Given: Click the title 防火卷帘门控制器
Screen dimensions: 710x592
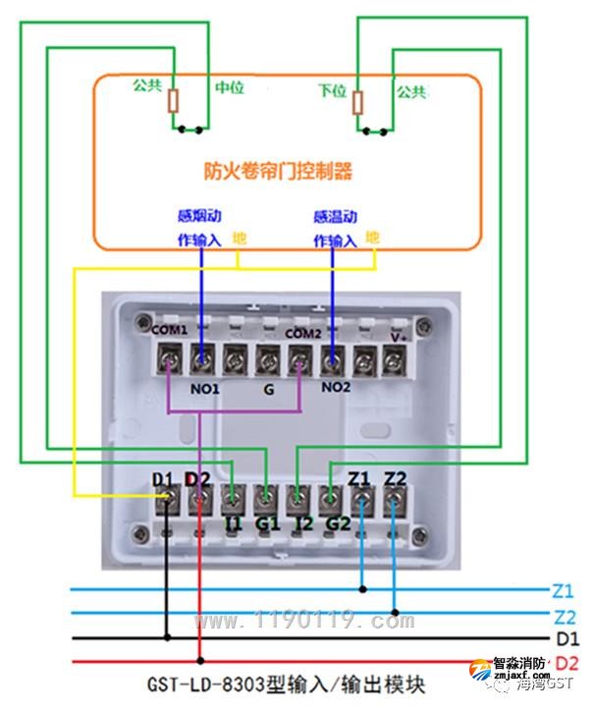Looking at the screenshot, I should tap(278, 171).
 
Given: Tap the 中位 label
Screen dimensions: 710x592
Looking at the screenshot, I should tap(229, 88).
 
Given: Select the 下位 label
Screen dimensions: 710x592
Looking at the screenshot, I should tap(333, 90).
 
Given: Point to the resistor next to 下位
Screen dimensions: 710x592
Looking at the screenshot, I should tap(357, 102).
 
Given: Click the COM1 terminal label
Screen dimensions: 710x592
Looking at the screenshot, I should tap(169, 330).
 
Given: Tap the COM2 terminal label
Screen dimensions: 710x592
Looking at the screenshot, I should tap(303, 333).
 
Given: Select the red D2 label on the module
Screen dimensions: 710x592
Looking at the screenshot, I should tap(198, 479).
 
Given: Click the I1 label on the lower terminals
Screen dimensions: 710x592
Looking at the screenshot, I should tap(233, 523).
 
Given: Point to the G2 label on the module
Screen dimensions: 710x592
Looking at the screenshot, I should tap(338, 523).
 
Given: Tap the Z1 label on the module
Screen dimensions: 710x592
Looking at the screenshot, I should tap(359, 478).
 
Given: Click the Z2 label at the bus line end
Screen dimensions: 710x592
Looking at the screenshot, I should tap(563, 617).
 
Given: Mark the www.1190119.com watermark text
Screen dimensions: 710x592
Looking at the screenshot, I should tap(305, 621).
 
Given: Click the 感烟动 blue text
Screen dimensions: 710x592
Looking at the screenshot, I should tap(197, 217).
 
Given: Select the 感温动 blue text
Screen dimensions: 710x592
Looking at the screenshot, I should tap(335, 217).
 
